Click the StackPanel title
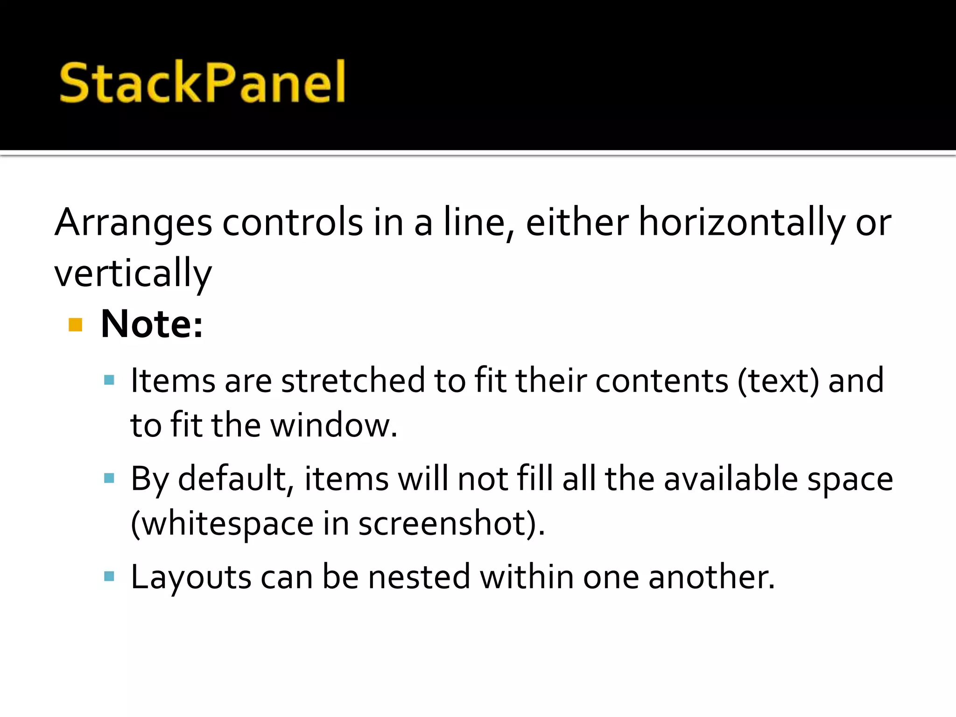[x=202, y=83]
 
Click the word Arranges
[x=133, y=223]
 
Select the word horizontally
[x=741, y=223]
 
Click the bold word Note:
[x=152, y=324]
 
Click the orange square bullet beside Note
[x=75, y=324]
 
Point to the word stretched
[x=353, y=380]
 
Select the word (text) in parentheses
[x=778, y=380]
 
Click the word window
[x=334, y=425]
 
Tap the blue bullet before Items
[x=109, y=380]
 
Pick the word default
[x=236, y=479]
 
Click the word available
[x=731, y=479]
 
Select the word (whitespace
[x=222, y=524]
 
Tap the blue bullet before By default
[x=109, y=478]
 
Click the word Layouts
[x=191, y=577]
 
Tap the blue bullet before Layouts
[x=109, y=576]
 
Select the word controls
[x=293, y=223]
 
